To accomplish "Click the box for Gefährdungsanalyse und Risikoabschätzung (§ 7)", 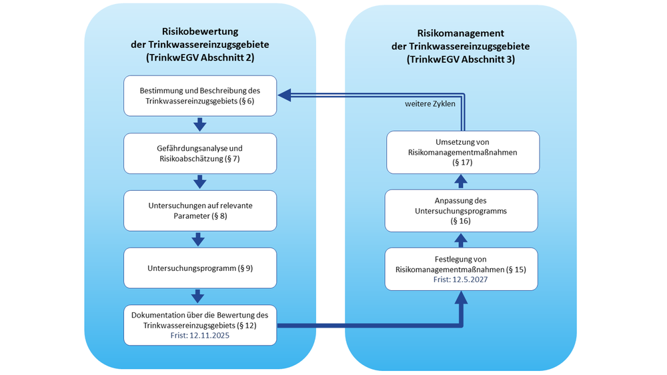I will click(200, 153).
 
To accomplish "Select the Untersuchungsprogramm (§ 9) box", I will click(200, 268).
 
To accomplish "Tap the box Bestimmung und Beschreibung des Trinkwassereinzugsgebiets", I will click(200, 95).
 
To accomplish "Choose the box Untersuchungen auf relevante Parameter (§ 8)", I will click(200, 210).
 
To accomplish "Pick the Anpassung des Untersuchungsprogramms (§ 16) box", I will click(461, 210).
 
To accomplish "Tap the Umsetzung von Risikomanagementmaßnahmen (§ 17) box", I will click(461, 152).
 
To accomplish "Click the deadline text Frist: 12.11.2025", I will click(200, 337).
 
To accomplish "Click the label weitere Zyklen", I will click(430, 105).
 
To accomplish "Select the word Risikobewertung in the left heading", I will click(200, 31).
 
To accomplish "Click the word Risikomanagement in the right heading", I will click(460, 33).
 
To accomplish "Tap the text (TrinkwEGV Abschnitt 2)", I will click(200, 58).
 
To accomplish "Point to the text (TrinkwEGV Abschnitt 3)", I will click(460, 59).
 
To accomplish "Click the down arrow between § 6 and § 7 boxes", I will click(199, 124).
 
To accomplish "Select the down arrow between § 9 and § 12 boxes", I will click(199, 296).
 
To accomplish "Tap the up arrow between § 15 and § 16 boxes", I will click(461, 240).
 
